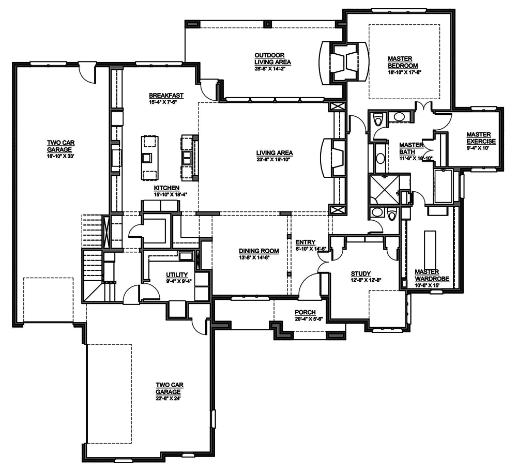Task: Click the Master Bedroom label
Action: [x=402, y=62]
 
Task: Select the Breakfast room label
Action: [x=166, y=96]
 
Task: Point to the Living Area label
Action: [x=275, y=152]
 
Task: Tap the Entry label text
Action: [x=306, y=242]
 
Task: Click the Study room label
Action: [x=360, y=273]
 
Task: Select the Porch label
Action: [x=305, y=312]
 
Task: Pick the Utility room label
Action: [x=176, y=274]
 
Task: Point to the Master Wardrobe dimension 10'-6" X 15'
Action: [x=427, y=285]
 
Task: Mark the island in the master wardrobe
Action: [x=429, y=248]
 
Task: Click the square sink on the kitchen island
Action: [x=148, y=157]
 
